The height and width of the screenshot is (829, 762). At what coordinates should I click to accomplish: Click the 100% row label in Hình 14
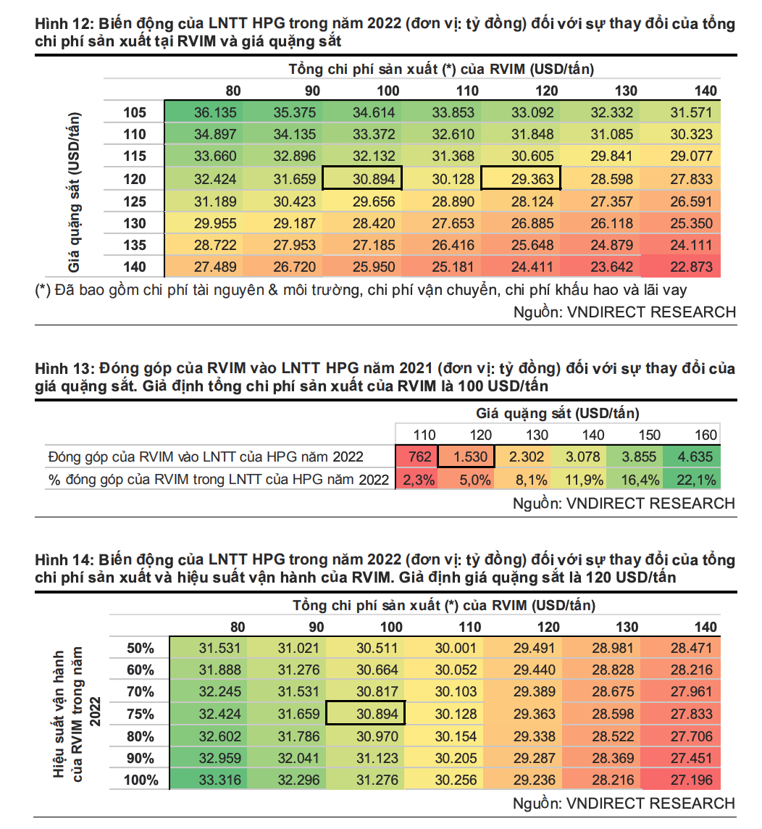point(140,780)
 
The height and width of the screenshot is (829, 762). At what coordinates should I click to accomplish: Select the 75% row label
point(140,714)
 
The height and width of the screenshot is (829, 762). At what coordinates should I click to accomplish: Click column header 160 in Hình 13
point(706,435)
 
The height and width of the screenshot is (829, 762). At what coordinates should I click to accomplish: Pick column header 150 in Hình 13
point(649,435)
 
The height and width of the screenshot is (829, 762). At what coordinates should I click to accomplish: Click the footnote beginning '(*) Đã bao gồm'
point(360,290)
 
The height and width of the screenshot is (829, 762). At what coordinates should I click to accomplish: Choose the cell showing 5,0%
point(472,479)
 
